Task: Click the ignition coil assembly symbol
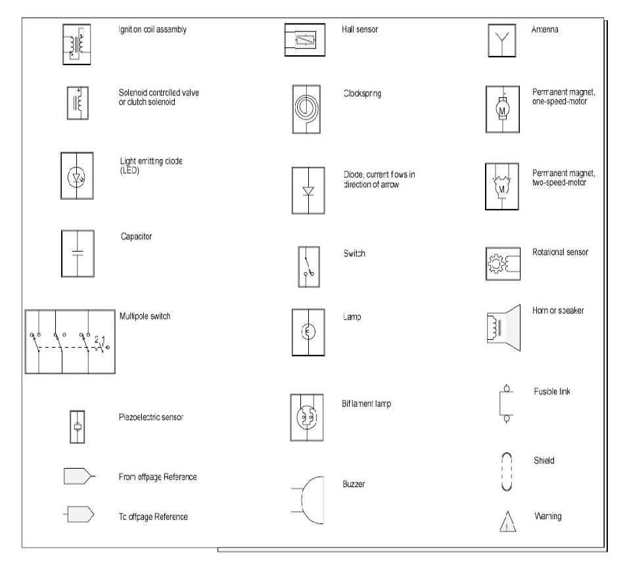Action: click(77, 44)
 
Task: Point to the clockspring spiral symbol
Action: click(306, 106)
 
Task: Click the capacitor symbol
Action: click(77, 253)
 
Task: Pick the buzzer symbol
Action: click(309, 499)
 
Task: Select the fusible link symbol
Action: click(506, 402)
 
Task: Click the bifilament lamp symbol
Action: click(307, 417)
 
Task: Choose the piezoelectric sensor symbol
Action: click(78, 427)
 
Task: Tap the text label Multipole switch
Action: click(145, 316)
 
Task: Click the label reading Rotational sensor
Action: click(560, 252)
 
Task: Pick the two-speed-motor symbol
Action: click(503, 187)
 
